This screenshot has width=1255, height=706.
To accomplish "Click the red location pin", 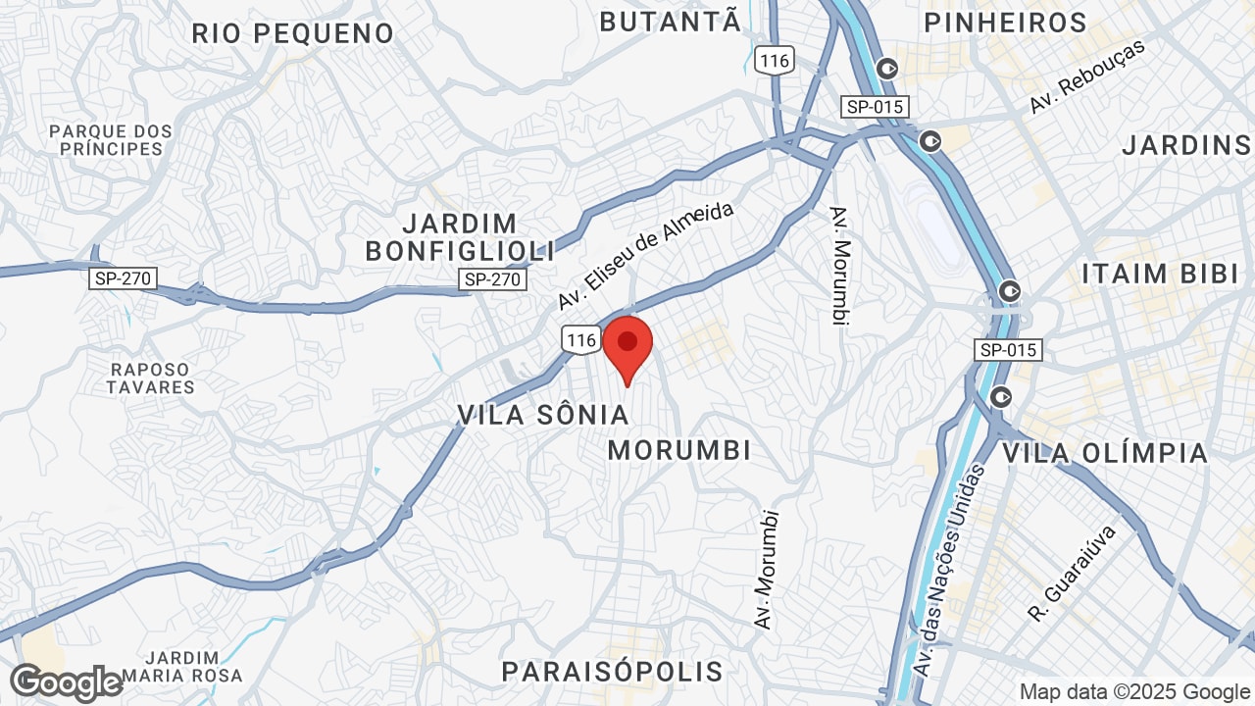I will [x=627, y=345].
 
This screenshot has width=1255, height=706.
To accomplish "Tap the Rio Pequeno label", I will [x=292, y=33].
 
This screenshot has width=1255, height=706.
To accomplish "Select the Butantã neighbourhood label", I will [x=670, y=22].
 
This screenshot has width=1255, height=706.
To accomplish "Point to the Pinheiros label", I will [x=1005, y=23].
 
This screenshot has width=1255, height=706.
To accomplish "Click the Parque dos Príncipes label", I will [x=111, y=140].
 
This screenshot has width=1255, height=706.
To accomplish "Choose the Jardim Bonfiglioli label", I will [x=460, y=237].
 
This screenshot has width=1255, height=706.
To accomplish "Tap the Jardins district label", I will [x=1186, y=146].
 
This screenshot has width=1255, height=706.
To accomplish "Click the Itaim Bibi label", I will [x=1161, y=274].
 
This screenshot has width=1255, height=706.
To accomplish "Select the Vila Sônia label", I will [x=543, y=415].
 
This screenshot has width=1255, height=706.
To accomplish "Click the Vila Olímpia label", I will [x=1105, y=453].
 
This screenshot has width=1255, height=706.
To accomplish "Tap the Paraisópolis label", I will [x=613, y=672].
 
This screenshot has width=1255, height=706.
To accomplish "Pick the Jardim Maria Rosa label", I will [x=193, y=667].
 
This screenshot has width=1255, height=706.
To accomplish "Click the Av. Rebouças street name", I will [x=1086, y=77].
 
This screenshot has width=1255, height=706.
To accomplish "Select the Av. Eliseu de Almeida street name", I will [x=645, y=255].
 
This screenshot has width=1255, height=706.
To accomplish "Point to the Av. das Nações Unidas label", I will [x=947, y=569].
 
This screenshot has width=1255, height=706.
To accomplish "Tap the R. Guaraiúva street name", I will [x=1073, y=574].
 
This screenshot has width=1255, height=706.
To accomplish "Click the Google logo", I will [x=66, y=682].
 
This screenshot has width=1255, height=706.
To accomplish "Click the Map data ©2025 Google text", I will [x=1133, y=692].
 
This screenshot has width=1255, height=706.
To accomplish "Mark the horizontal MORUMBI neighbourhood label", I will [x=679, y=450].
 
